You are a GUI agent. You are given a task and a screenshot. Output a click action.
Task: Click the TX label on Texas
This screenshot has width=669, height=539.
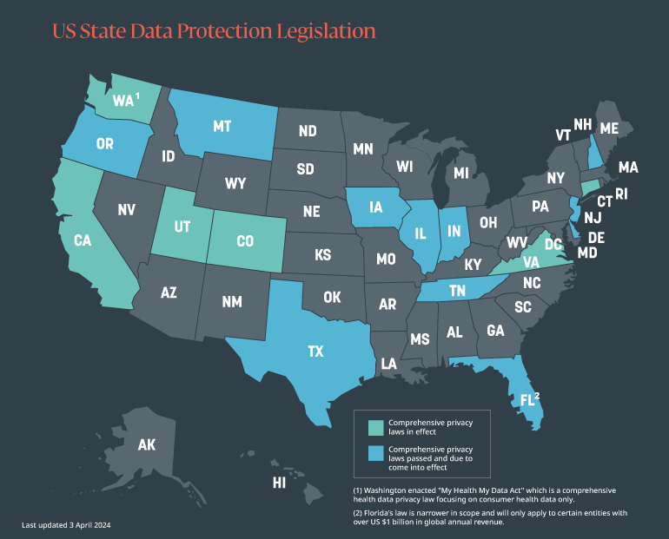[x=315, y=352]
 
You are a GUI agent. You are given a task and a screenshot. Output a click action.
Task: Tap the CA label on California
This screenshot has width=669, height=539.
[x=83, y=240]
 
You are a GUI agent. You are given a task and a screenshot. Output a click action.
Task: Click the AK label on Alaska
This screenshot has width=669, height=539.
[x=146, y=445]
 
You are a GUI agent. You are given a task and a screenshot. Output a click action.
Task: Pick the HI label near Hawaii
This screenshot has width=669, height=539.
[x=279, y=482]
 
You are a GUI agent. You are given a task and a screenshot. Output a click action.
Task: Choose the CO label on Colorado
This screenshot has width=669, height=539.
[x=244, y=241]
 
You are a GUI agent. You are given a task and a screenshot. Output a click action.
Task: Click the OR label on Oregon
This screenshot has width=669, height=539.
[x=104, y=144]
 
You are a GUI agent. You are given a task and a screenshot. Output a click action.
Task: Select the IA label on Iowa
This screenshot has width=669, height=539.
[x=374, y=208]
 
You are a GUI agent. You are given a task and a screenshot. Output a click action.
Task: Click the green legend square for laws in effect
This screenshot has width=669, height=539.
[x=375, y=426]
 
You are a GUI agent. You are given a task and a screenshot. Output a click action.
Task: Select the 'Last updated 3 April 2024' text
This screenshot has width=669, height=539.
[x=66, y=525]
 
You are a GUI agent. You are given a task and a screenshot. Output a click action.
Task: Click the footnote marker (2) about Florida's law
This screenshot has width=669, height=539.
[x=359, y=514]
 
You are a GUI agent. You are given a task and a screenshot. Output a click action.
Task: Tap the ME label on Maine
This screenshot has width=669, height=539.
[x=609, y=128]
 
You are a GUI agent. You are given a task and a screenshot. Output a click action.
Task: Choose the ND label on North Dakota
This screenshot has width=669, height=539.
[x=308, y=132]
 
